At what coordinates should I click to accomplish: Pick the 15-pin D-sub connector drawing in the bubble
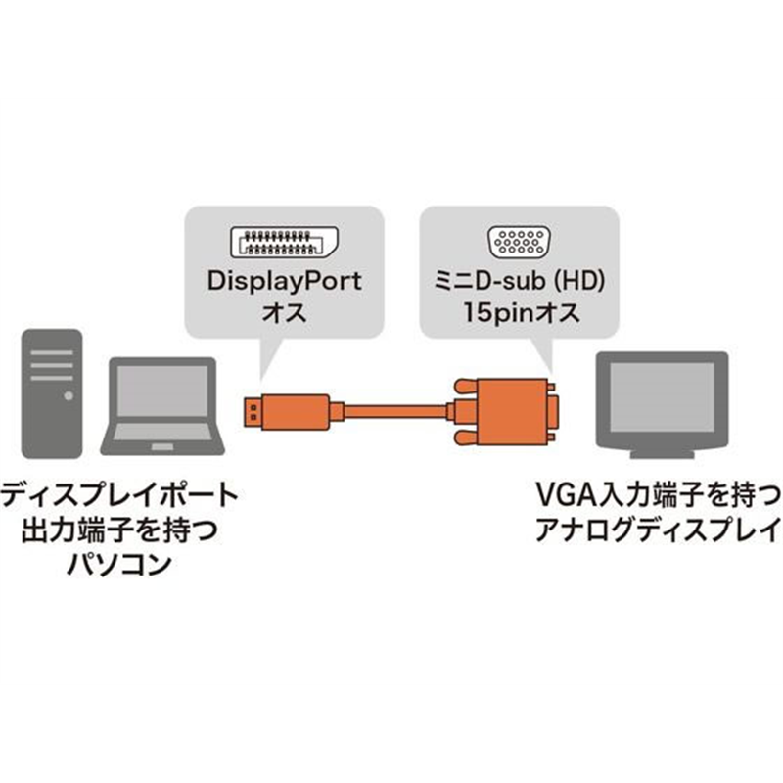(x=519, y=241)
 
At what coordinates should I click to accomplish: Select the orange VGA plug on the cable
(x=509, y=406)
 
